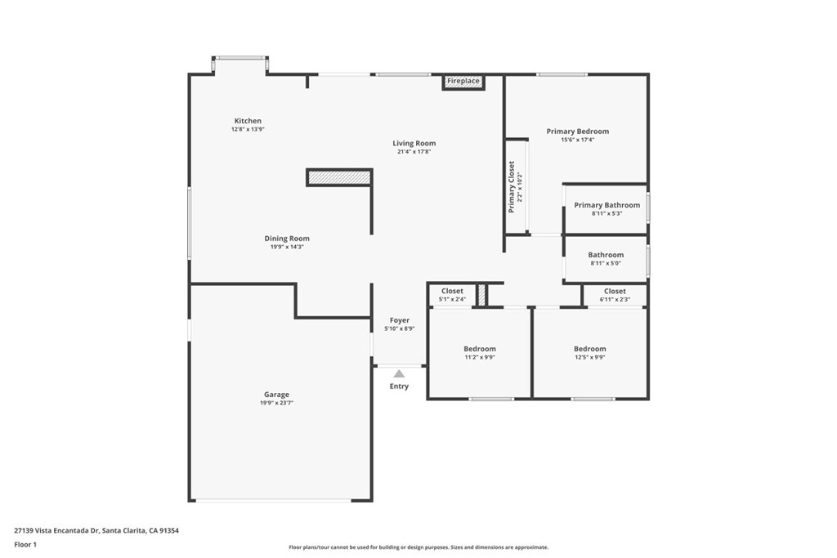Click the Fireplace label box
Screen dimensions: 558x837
point(463,82)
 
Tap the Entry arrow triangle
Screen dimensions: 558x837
point(399,373)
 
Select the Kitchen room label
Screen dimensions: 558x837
point(248,121)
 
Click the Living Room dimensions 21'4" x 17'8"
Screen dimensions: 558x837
point(414,152)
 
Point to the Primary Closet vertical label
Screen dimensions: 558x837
point(512,187)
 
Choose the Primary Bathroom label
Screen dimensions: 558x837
point(606,205)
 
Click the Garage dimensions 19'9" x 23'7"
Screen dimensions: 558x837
point(276,403)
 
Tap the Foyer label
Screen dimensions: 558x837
point(399,320)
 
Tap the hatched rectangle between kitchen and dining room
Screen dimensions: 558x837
point(338,177)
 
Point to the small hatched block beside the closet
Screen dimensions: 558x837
point(482,295)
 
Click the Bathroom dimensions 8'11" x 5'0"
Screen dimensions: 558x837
point(606,263)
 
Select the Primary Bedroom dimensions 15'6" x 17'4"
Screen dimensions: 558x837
point(577,140)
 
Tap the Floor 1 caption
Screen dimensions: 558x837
point(25,544)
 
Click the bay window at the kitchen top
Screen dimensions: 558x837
point(240,59)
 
